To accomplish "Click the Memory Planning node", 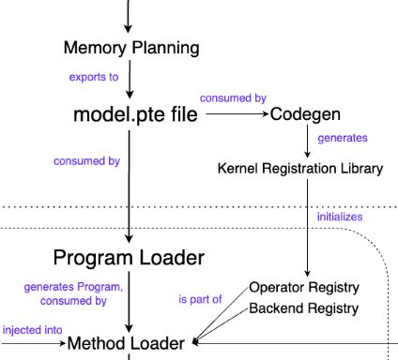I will point(130,48).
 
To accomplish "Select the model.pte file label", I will point(135,114).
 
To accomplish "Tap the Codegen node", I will point(305,114).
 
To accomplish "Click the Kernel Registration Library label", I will point(299,169).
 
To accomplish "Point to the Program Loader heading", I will point(129,257).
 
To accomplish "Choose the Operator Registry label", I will point(304,288).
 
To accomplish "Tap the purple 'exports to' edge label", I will point(94,77).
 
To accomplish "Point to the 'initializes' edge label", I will point(339,217).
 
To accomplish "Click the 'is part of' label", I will point(199,300).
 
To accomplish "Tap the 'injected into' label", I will point(33,330).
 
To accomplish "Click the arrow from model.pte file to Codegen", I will point(237,114).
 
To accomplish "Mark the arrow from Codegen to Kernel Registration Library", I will point(307,141).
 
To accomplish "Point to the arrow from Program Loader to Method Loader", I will point(130,302).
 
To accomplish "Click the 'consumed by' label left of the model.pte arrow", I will point(86,161).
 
